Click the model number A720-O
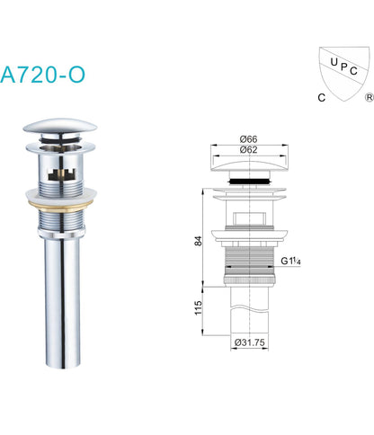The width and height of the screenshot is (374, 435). [42, 75]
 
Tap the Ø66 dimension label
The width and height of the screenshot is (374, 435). [249, 139]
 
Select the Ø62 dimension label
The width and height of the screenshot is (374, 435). [249, 149]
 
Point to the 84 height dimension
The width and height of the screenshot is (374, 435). [198, 241]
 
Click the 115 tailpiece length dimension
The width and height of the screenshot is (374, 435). [198, 307]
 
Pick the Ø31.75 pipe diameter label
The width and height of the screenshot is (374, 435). [250, 342]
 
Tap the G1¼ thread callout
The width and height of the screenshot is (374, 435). [290, 262]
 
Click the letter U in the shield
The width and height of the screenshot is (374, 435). [334, 62]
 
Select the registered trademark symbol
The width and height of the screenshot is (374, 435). [369, 97]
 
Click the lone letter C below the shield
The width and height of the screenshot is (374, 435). [322, 98]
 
